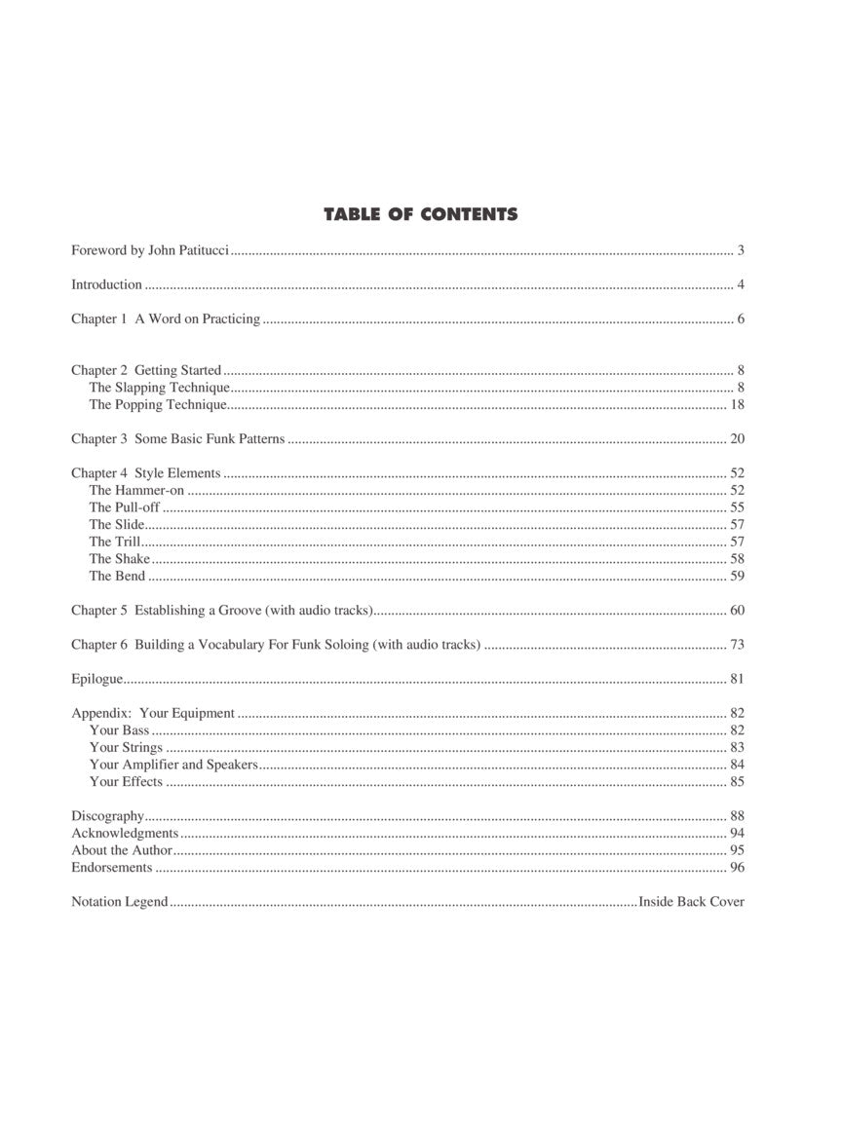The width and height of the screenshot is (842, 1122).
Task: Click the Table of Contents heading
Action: click(x=420, y=214)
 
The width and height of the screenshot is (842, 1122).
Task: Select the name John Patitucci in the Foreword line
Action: click(x=188, y=251)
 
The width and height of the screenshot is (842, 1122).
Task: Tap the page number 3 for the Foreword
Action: click(x=741, y=251)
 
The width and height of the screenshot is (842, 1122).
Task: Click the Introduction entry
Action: click(x=106, y=285)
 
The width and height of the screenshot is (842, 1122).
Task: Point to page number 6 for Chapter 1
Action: click(x=741, y=319)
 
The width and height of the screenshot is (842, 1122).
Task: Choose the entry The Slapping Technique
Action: click(x=159, y=388)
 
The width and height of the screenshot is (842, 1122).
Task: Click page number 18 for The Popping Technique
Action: click(x=737, y=404)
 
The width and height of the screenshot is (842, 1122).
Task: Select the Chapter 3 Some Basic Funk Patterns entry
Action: click(x=177, y=439)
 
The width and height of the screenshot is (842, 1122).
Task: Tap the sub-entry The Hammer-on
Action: click(x=136, y=491)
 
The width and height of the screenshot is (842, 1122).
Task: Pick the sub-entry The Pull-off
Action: click(x=124, y=507)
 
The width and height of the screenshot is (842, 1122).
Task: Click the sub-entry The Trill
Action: click(x=115, y=542)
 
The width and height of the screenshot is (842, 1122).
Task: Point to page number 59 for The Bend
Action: click(x=737, y=576)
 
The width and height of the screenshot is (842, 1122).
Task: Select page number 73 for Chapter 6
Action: click(x=737, y=645)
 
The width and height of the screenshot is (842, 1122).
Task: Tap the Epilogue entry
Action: click(x=96, y=679)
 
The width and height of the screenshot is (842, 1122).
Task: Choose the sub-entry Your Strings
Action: click(x=126, y=748)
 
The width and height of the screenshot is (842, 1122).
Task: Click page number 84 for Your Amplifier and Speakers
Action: click(x=737, y=765)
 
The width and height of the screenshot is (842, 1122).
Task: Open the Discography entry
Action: click(x=107, y=816)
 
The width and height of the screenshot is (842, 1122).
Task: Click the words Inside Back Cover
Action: click(x=691, y=902)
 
